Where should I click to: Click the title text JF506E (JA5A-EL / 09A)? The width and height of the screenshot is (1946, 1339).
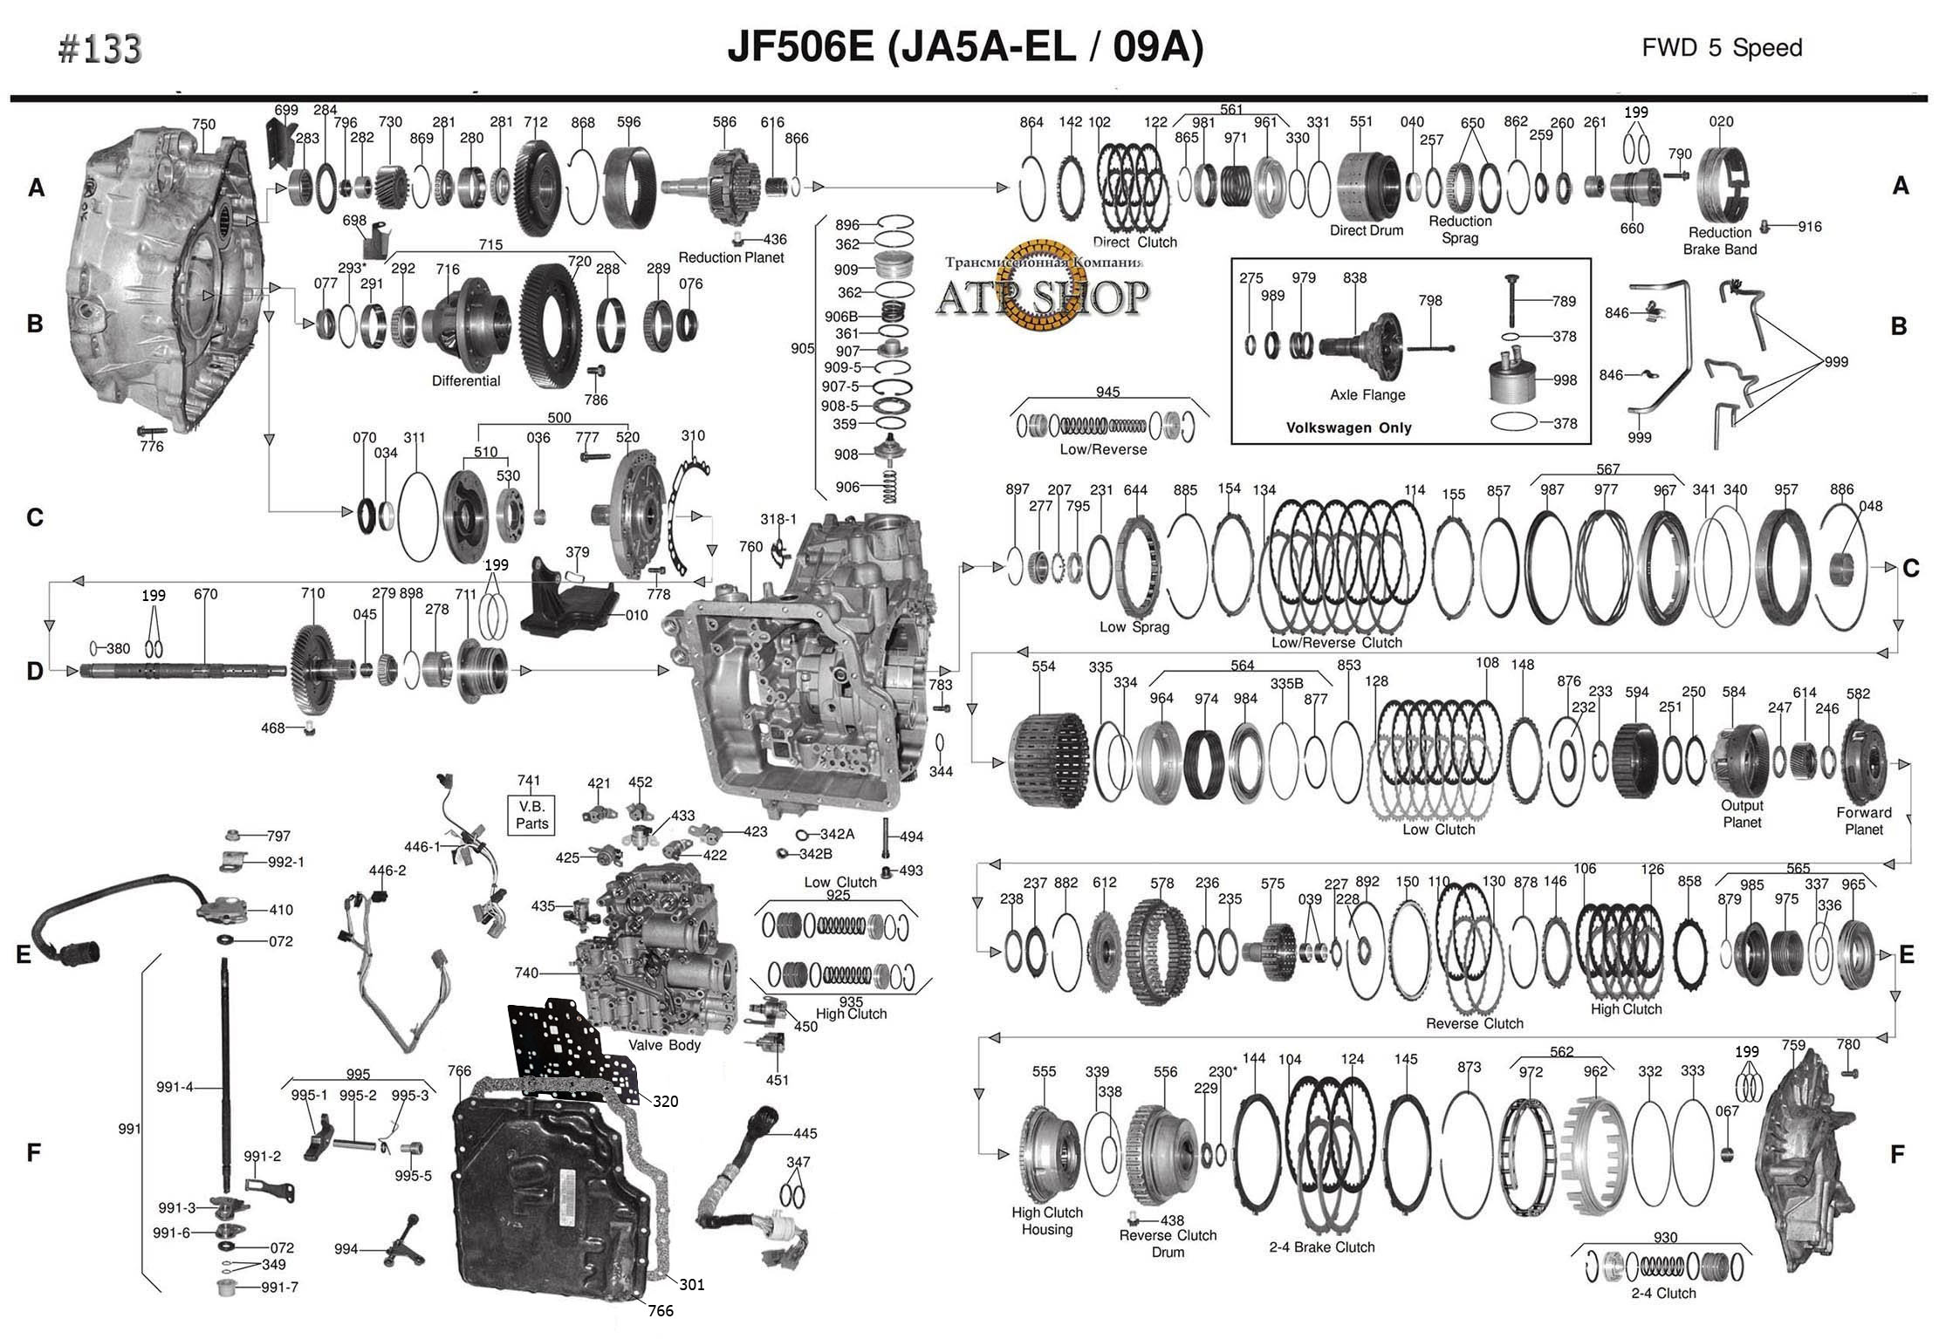[x=965, y=48]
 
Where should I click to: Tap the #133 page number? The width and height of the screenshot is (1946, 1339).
[x=100, y=50]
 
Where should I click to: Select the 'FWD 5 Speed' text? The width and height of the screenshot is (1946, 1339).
[x=1722, y=47]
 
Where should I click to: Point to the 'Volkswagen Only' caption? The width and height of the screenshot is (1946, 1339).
[x=1348, y=428]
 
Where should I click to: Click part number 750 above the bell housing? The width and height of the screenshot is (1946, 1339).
[x=203, y=125]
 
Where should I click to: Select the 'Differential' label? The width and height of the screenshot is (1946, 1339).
[x=466, y=381]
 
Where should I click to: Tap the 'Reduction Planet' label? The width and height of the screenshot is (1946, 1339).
[x=731, y=257]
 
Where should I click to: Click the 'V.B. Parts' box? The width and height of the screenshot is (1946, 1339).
[x=531, y=815]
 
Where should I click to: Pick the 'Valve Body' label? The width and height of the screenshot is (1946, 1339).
[x=664, y=1045]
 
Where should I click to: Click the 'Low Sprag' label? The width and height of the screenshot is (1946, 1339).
[x=1134, y=626]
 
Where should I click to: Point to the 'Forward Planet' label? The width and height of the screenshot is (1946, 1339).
[x=1864, y=821]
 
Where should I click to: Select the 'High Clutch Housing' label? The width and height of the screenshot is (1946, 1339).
[x=1047, y=1221]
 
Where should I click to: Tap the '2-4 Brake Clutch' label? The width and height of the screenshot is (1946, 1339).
[x=1322, y=1247]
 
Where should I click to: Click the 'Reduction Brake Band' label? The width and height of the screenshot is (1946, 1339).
[x=1720, y=241]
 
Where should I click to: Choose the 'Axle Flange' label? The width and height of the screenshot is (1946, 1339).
[x=1367, y=395]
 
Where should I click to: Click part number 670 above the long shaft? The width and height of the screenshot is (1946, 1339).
[x=206, y=595]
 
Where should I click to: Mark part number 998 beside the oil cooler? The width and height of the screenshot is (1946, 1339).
[x=1566, y=380]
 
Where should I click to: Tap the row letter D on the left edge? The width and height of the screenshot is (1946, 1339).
[x=35, y=671]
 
